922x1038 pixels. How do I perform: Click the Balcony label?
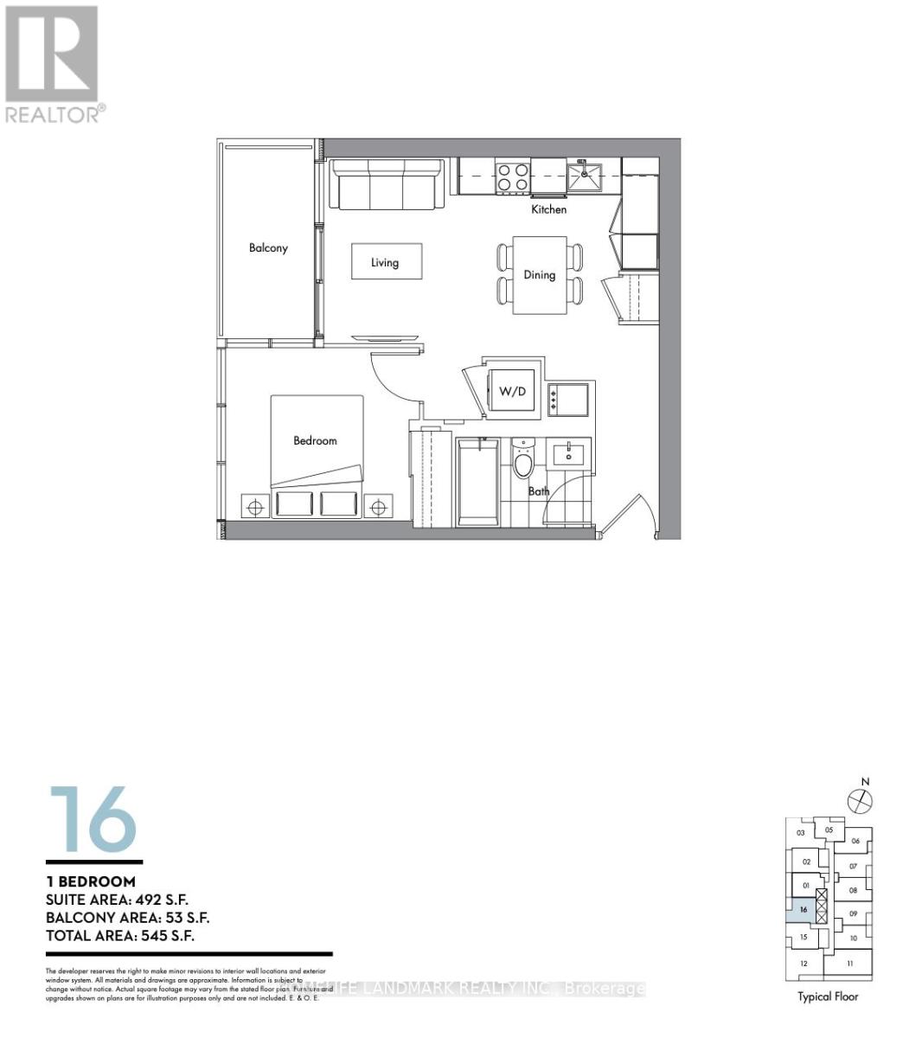click(x=268, y=248)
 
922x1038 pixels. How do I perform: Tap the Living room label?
click(x=385, y=262)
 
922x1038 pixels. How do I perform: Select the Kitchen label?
click(x=549, y=209)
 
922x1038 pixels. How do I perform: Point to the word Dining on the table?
click(x=539, y=275)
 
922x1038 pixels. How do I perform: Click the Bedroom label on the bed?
click(x=315, y=440)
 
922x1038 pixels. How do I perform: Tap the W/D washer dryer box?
click(x=512, y=392)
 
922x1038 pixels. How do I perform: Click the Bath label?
click(x=539, y=491)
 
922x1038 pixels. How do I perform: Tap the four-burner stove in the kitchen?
click(x=511, y=177)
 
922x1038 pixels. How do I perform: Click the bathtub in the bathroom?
click(x=477, y=481)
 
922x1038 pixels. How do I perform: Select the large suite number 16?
click(x=93, y=818)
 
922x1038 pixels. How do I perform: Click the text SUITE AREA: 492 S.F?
click(x=117, y=900)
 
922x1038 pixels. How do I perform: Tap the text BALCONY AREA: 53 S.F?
click(x=127, y=918)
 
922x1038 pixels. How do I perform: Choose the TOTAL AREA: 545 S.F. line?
click(x=120, y=936)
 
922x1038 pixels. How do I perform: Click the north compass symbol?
click(x=860, y=800)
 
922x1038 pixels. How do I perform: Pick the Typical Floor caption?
click(x=828, y=996)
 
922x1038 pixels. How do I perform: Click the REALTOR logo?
click(x=53, y=63)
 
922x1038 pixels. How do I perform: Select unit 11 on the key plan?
click(x=850, y=964)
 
